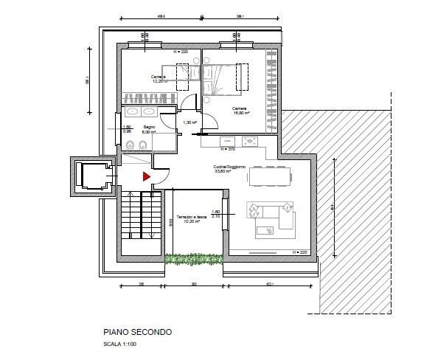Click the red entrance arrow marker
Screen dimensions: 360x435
(x=146, y=176)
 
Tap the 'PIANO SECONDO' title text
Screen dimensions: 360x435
(x=138, y=333)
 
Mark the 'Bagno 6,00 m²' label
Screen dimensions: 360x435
(x=150, y=129)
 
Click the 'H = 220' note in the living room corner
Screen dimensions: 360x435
(x=299, y=252)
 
